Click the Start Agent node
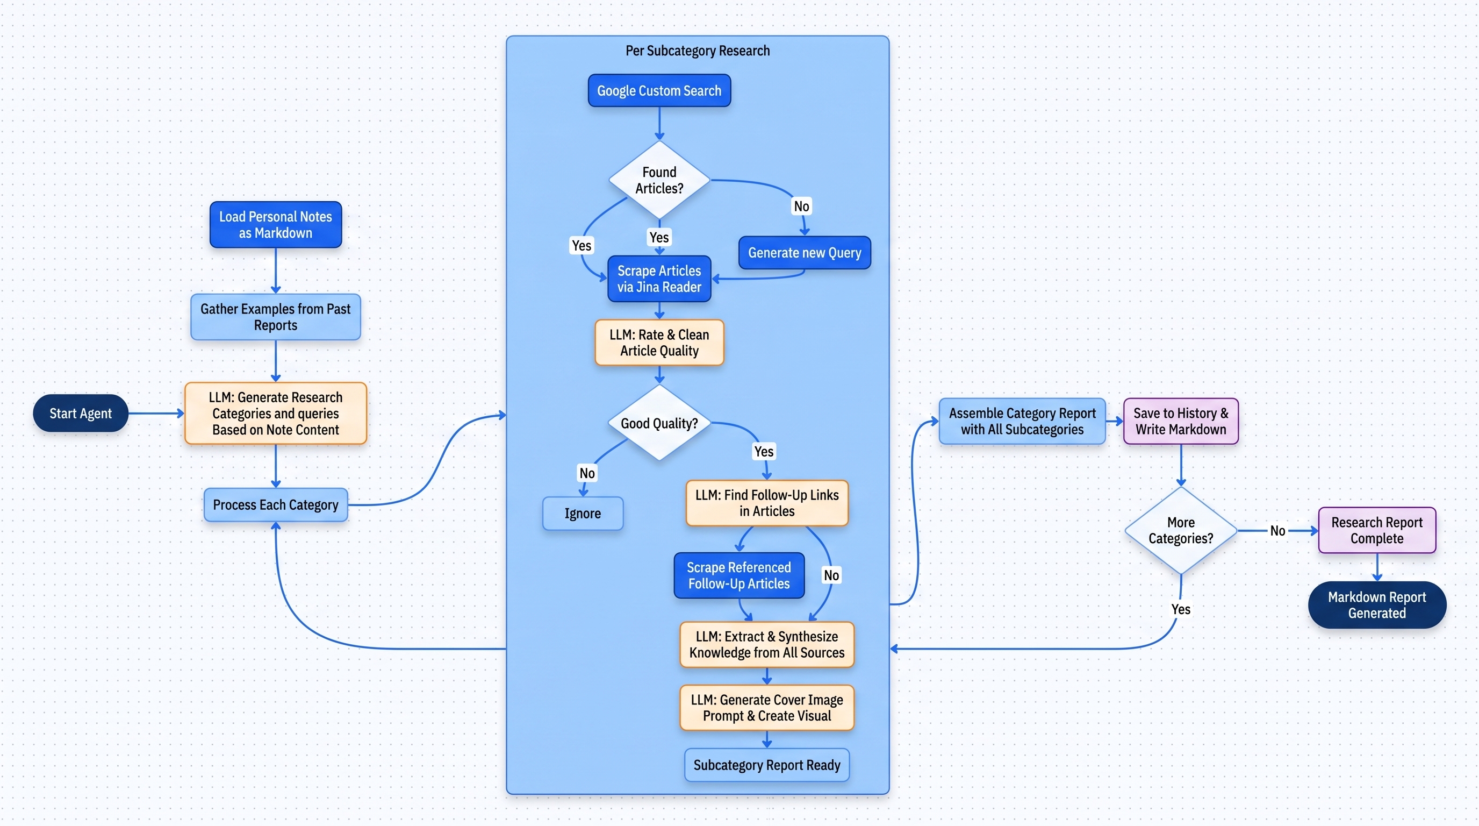point(81,413)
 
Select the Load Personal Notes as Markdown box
point(276,225)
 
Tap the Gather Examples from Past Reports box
point(276,317)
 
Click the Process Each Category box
point(276,505)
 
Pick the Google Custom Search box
point(659,91)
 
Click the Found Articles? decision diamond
point(659,180)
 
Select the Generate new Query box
point(805,253)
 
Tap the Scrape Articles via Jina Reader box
point(659,279)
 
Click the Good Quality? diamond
point(659,423)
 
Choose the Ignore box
point(583,514)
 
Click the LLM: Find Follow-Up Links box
point(766,503)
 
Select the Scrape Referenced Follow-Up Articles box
point(739,575)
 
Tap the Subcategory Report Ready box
point(766,765)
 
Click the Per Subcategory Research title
point(698,51)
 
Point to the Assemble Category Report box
point(1022,421)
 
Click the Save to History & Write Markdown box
point(1180,421)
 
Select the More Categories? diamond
point(1180,531)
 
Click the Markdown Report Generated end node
point(1377,605)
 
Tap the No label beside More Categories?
point(1277,531)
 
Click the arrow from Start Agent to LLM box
point(155,413)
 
